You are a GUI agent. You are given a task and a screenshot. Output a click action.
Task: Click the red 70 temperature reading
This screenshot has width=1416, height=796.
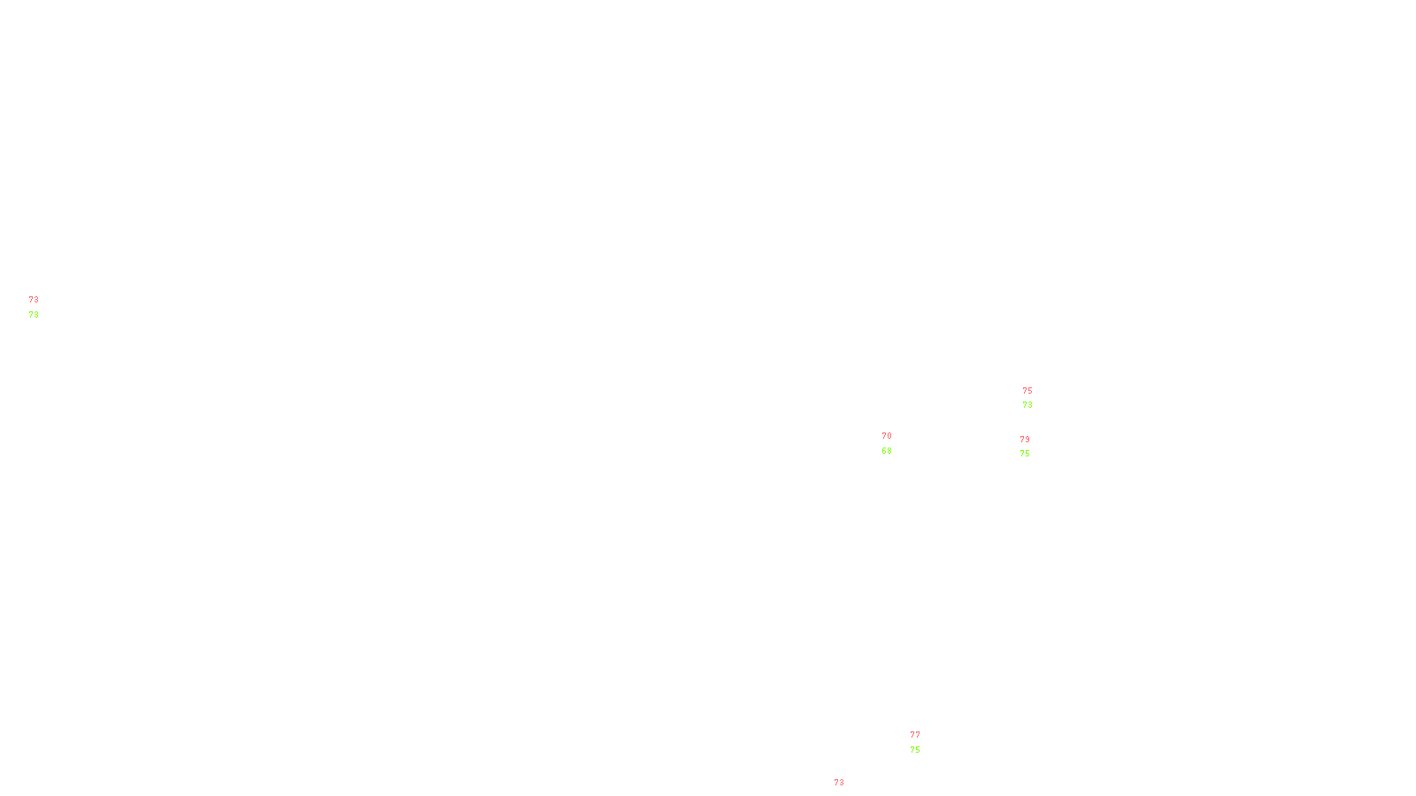(887, 436)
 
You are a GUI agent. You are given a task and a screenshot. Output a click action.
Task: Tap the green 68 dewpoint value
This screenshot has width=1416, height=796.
(887, 451)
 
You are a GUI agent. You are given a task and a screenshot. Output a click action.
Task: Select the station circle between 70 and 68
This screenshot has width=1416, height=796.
(895, 443)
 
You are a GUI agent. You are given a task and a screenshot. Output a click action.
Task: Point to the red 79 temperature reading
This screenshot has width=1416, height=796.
(1025, 440)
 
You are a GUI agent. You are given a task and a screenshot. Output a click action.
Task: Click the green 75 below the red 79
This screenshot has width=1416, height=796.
(1025, 454)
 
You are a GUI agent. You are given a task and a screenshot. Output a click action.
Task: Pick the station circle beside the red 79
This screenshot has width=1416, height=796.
(1033, 447)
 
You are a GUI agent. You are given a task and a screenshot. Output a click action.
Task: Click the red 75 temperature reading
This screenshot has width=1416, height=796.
(1027, 391)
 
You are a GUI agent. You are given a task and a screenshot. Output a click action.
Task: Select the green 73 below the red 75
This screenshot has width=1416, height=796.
(1027, 405)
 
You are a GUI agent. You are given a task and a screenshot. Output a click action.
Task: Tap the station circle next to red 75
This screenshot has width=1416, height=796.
(1035, 398)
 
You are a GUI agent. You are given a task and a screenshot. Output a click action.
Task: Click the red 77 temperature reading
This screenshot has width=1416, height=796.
(915, 735)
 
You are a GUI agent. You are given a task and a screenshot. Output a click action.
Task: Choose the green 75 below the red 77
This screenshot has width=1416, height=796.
(915, 750)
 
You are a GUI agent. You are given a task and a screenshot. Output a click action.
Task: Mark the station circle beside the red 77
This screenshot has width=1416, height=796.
(924, 742)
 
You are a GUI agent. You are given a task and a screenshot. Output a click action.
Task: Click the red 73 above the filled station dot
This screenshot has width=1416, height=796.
(839, 783)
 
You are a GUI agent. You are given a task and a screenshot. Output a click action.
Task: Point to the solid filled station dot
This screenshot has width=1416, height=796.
(848, 791)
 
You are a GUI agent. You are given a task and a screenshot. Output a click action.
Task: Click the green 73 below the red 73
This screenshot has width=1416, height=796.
(34, 315)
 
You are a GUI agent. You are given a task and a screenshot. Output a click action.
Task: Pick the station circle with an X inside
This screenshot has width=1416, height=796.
(42, 307)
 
